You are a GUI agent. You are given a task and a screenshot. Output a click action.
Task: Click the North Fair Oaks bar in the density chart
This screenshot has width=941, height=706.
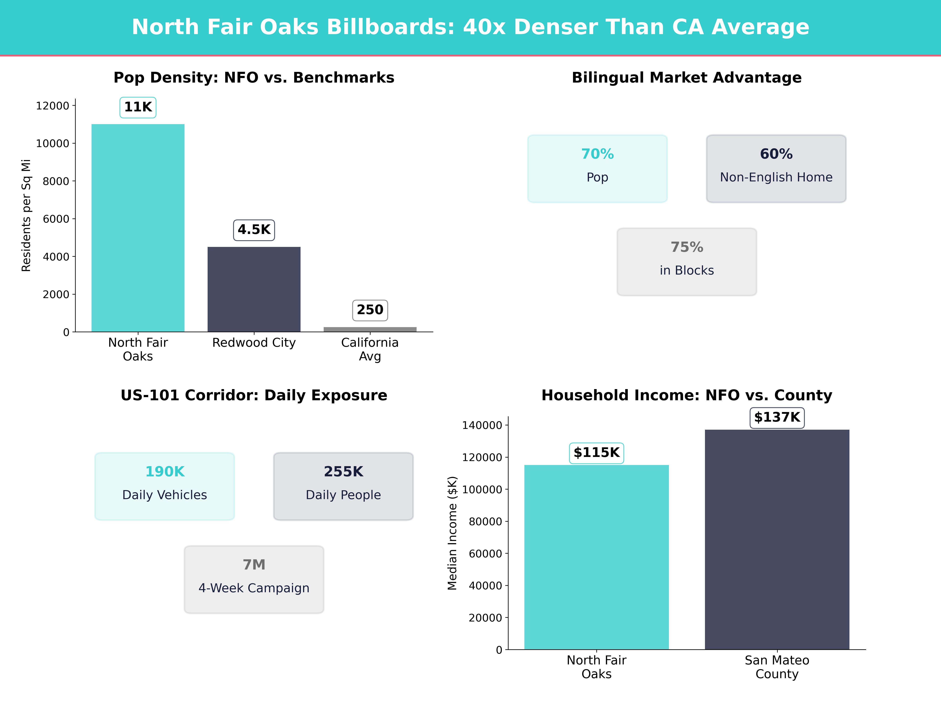138,228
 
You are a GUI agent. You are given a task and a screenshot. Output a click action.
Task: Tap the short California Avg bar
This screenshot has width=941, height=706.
370,329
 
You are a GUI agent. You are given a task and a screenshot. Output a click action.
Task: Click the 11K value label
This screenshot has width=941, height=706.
138,107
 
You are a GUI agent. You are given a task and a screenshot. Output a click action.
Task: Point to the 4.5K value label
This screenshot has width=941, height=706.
254,230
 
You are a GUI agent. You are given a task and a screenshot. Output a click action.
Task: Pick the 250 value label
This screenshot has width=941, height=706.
370,310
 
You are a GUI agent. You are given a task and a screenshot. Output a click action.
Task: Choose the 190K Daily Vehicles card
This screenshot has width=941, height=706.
165,486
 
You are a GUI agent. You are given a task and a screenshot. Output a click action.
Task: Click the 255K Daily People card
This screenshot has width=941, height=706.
343,486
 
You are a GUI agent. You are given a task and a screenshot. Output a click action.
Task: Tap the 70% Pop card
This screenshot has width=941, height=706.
597,168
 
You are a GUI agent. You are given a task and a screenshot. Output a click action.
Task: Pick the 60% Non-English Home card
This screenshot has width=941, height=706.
776,168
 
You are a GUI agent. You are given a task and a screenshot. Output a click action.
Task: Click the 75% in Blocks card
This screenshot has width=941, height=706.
687,262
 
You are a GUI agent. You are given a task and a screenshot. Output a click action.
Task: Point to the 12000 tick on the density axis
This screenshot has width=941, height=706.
52,106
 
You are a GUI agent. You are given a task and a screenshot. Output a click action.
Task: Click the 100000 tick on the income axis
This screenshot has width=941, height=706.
482,490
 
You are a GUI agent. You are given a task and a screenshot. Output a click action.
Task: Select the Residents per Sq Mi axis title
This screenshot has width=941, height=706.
26,215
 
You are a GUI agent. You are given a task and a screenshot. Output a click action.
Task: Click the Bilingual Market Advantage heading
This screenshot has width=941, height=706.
687,78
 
